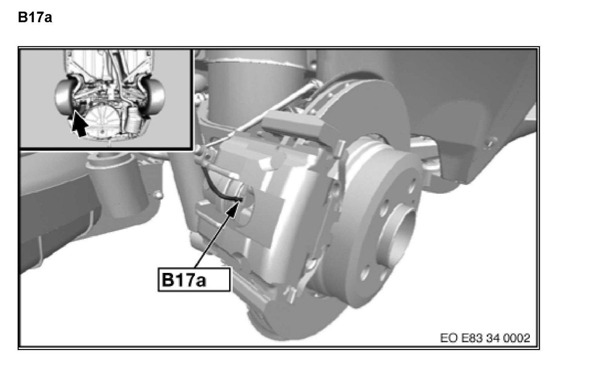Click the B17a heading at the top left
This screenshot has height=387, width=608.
pos(35,17)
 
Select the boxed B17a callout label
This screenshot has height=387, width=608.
pos(194,279)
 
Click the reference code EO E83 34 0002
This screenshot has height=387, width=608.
pos(485,338)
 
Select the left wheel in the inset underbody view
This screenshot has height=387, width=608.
pos(64,98)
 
